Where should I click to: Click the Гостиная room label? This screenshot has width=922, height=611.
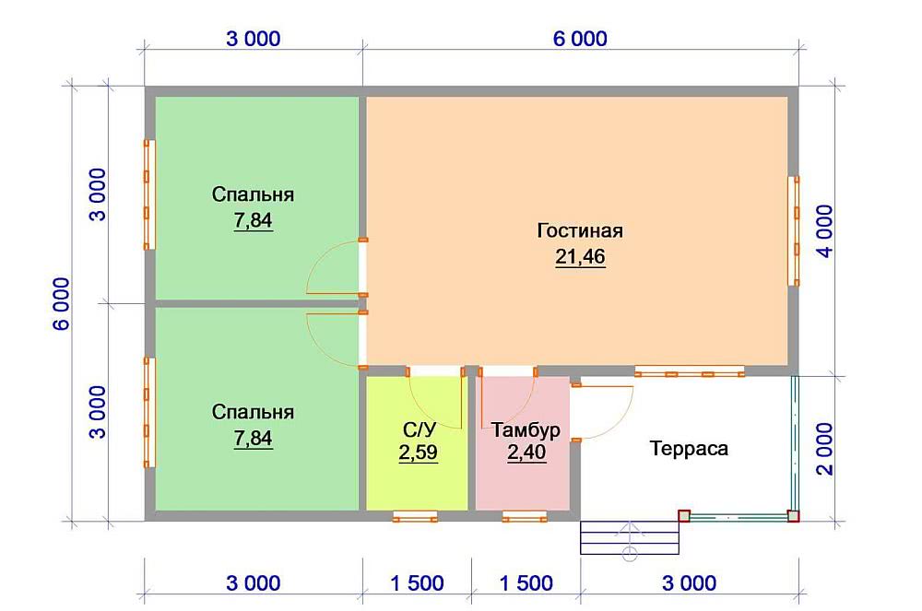click(580, 231)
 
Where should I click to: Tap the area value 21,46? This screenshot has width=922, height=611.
click(580, 257)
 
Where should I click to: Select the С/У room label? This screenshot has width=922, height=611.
click(420, 430)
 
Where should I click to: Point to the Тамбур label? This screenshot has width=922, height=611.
click(526, 430)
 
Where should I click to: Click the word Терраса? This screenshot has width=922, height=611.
click(689, 448)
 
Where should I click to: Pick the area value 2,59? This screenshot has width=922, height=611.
click(418, 453)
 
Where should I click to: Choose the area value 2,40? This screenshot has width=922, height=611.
click(526, 452)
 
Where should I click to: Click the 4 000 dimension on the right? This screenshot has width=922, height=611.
click(825, 231)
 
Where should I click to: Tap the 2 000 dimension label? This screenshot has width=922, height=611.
click(825, 448)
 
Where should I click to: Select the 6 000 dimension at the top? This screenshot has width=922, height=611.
click(580, 39)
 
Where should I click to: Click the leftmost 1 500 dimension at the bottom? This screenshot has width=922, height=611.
click(417, 583)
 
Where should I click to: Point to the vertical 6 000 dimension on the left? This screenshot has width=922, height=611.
click(62, 303)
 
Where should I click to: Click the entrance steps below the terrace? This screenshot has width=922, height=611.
click(630, 537)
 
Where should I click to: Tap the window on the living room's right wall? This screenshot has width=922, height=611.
click(794, 231)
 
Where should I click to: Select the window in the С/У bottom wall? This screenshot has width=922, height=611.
click(415, 516)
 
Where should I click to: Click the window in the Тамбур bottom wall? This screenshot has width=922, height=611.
click(525, 516)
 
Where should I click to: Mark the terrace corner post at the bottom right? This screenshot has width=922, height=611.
click(793, 516)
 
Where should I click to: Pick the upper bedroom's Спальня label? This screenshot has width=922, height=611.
click(253, 194)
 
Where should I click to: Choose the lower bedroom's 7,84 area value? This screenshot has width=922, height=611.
click(253, 439)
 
